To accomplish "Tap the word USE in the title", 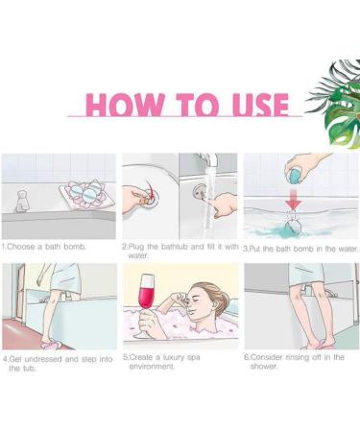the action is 260,105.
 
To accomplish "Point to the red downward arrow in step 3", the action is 293,199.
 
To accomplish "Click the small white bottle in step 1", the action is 22,202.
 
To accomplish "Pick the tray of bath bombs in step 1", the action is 85,195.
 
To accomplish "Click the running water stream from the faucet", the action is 208,202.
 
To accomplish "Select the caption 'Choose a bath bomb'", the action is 44,247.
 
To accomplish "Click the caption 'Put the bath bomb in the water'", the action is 300,249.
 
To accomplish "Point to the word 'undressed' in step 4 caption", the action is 43,359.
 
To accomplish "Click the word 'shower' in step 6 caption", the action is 264,367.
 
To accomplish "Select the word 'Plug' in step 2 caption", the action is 136,247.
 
